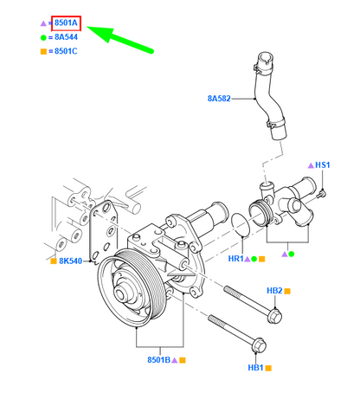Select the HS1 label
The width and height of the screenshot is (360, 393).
[x=323, y=164]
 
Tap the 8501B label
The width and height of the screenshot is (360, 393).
[x=158, y=358]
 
